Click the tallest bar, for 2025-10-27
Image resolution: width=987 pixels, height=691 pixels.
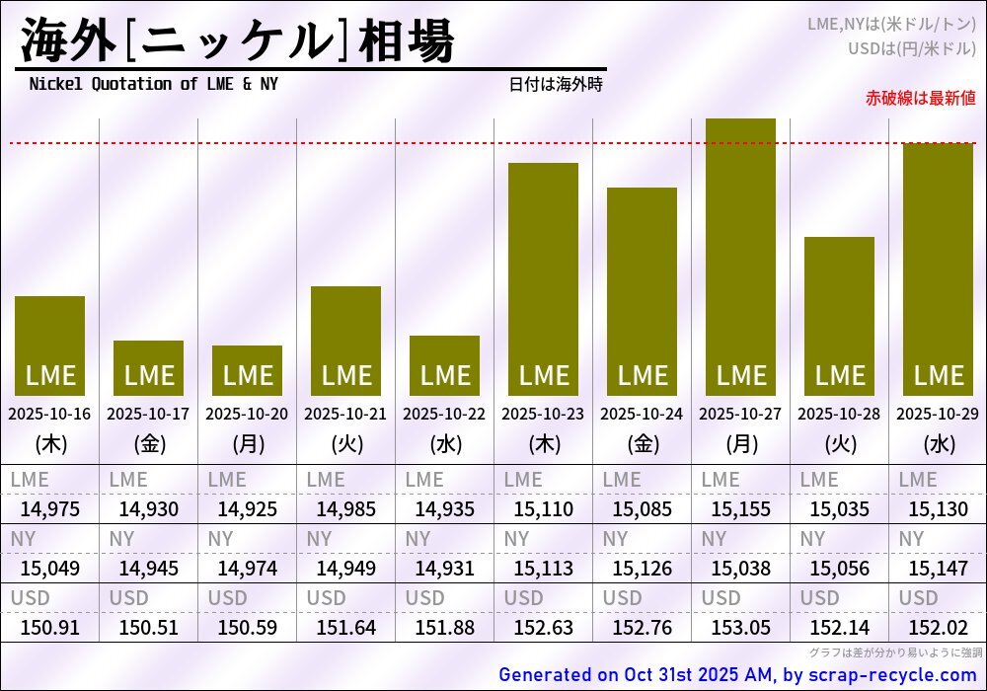click(740, 257)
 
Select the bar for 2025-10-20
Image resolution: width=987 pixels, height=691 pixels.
click(247, 370)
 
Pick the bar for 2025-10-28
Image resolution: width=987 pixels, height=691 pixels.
click(839, 316)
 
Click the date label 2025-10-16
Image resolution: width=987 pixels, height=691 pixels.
click(49, 414)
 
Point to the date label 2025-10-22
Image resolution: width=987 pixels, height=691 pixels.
click(444, 414)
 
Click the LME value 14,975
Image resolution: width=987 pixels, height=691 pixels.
click(49, 509)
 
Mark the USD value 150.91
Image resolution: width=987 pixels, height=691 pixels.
click(49, 627)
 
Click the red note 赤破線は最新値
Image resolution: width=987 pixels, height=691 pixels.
click(920, 98)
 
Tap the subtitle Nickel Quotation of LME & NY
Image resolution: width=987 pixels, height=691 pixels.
click(153, 84)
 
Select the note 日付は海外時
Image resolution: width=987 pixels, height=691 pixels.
click(556, 84)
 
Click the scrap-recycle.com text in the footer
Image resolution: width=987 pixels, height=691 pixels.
click(892, 675)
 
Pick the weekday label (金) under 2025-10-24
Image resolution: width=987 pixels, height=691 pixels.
click(642, 444)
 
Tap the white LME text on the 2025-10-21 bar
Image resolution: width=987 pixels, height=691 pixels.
click(345, 375)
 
